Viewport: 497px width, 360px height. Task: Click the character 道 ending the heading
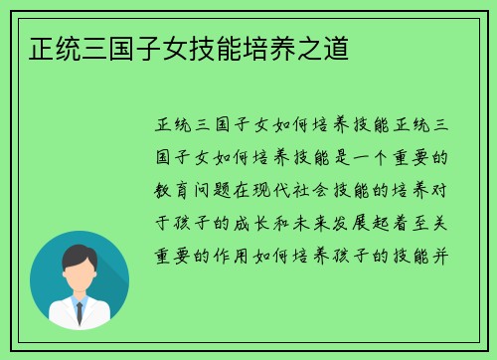337,48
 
